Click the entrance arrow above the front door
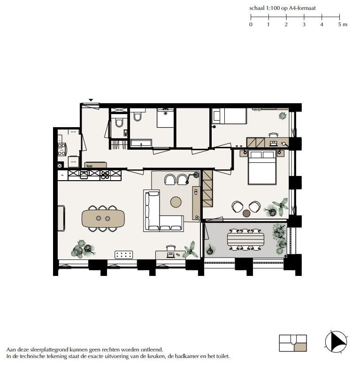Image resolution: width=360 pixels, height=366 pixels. [x=91, y=100]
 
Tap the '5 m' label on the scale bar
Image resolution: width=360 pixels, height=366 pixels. [x=342, y=24]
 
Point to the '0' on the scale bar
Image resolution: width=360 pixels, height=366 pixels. [x=251, y=24]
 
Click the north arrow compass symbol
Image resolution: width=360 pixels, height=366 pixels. [x=336, y=342]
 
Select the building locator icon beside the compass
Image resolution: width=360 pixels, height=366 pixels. [x=293, y=343]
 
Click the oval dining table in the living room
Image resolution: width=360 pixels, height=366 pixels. [x=103, y=219]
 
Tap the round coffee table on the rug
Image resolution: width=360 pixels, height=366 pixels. [x=176, y=202]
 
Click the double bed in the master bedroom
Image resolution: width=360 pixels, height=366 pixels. [x=262, y=168]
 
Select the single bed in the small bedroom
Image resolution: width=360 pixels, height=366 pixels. [x=230, y=116]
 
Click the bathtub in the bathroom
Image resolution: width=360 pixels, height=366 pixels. [x=140, y=143]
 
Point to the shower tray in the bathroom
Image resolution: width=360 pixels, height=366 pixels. [x=165, y=118]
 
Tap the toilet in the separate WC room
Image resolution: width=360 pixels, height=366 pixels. [x=119, y=123]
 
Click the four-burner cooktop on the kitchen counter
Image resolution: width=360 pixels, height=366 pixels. [x=105, y=175]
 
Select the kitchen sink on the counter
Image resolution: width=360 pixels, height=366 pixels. [x=84, y=175]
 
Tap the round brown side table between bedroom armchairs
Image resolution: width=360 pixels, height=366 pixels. [x=246, y=213]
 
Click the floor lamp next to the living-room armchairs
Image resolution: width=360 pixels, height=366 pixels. [x=196, y=175]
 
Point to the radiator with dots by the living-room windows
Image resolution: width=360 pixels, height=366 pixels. [x=124, y=255]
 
